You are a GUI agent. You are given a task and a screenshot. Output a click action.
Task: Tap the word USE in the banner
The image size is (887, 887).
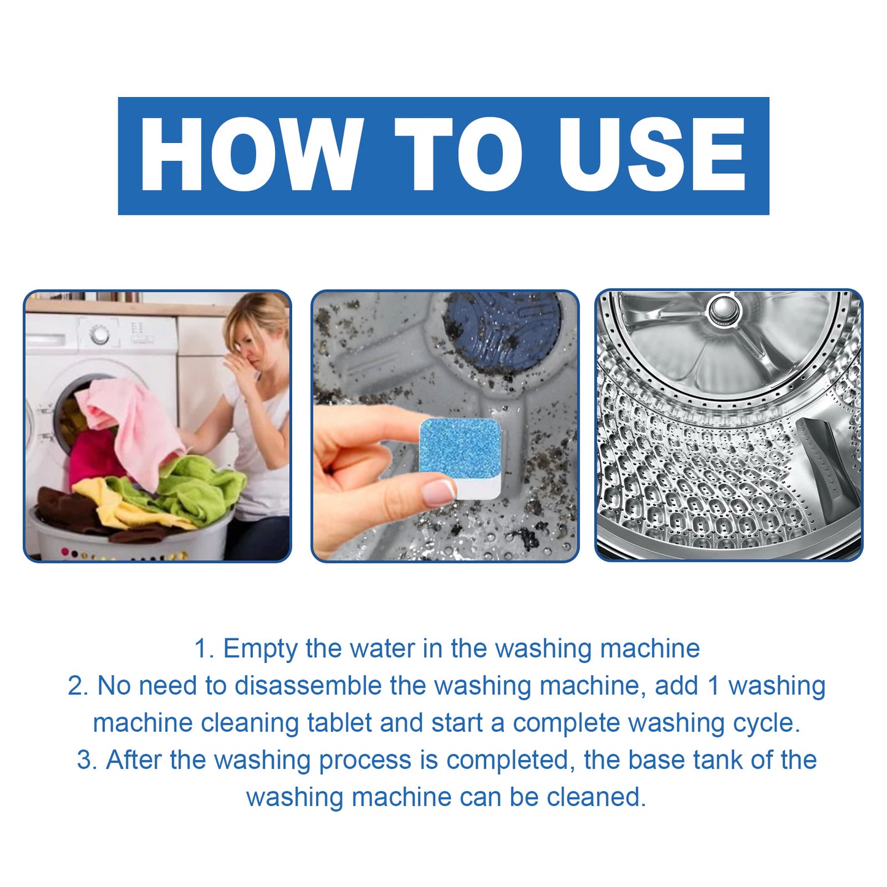651,154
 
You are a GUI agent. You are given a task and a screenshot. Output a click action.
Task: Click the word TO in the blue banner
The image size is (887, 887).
459,154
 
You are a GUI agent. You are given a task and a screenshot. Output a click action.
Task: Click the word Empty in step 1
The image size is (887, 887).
260,649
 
